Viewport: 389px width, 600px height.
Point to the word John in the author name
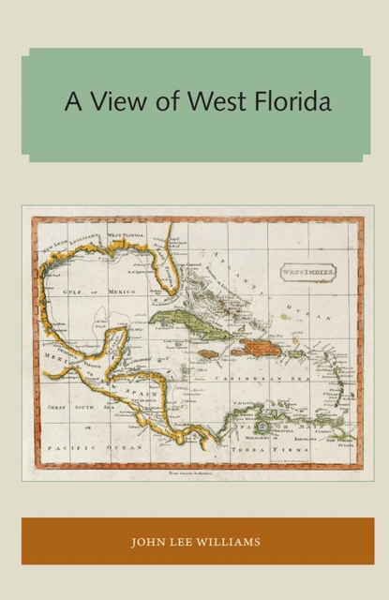click(x=150, y=540)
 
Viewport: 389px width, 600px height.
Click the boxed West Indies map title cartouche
click(x=307, y=274)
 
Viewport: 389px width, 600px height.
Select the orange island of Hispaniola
click(x=250, y=349)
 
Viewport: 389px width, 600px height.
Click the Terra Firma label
click(x=267, y=449)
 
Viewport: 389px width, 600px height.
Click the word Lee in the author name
click(x=186, y=540)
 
